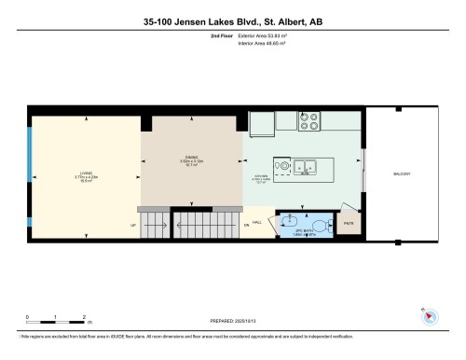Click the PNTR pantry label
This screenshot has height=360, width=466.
349,224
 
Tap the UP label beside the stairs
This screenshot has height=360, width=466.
133,225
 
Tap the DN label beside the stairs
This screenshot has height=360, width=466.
247,225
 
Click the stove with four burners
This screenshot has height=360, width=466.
309,121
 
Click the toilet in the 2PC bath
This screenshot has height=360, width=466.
322,224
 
